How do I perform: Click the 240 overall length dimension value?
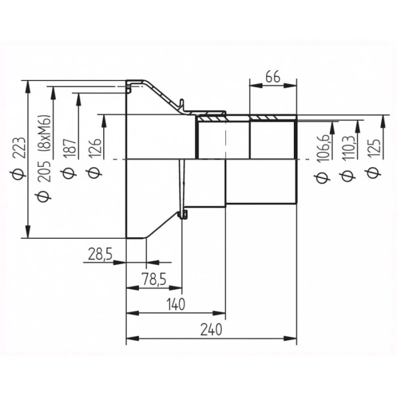(x=211, y=329)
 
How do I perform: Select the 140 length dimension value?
(x=175, y=304)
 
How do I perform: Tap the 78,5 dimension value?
(x=154, y=279)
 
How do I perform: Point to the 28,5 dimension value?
(x=100, y=254)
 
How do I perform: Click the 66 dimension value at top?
(x=273, y=77)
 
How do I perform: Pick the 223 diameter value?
(x=19, y=148)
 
